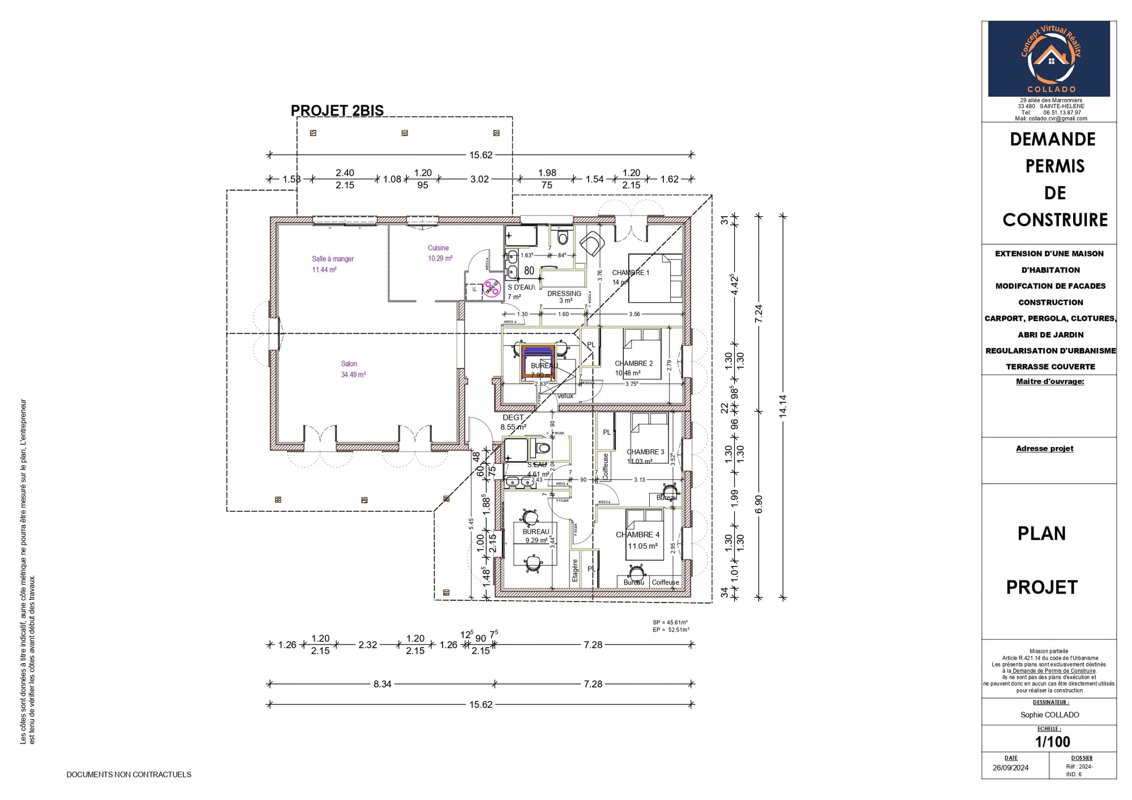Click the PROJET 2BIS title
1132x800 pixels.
(x=337, y=110)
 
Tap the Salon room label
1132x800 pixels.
(x=349, y=364)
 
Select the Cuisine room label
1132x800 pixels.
(x=438, y=248)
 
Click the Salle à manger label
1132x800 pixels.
(x=333, y=259)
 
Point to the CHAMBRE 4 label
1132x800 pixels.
(x=637, y=535)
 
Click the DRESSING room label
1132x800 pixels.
(x=564, y=294)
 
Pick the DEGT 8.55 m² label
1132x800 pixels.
(x=513, y=422)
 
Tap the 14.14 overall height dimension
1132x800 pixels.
(x=783, y=406)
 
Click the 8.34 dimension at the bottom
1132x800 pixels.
(x=382, y=684)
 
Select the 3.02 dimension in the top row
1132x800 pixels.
(x=479, y=179)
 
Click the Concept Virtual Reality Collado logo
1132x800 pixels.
(x=1049, y=59)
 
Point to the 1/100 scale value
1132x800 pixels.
(x=1052, y=742)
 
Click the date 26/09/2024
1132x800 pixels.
(x=1010, y=768)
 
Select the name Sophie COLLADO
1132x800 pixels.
(x=1049, y=715)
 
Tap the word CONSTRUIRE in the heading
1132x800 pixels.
(x=1055, y=220)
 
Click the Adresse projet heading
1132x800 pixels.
(x=1044, y=449)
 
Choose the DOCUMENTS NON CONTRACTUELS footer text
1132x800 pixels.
(x=129, y=775)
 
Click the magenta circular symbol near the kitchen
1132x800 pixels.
(x=491, y=289)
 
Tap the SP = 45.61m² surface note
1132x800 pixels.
(x=670, y=622)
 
